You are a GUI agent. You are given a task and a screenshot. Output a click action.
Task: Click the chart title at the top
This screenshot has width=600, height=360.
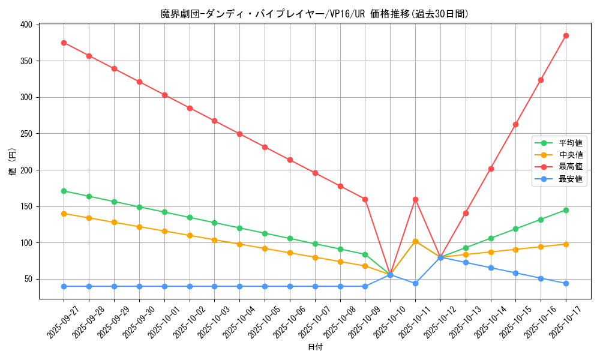(x=314, y=14)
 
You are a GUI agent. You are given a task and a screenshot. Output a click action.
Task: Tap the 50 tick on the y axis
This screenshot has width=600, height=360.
(x=28, y=279)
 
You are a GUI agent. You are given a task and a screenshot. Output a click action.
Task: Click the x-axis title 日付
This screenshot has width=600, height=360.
(x=315, y=347)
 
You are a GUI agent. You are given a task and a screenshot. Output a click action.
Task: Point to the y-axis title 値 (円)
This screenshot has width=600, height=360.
(x=12, y=162)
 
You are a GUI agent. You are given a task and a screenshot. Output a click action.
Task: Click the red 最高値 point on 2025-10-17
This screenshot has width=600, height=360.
(x=566, y=35)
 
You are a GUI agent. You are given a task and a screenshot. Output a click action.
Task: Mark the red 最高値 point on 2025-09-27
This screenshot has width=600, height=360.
(x=64, y=43)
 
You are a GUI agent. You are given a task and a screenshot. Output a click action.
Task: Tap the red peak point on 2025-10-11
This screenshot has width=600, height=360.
(x=415, y=199)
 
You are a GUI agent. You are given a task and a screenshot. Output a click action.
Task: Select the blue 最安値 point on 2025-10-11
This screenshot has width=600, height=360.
(x=415, y=283)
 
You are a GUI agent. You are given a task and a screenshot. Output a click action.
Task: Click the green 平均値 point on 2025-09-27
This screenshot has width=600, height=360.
(x=64, y=191)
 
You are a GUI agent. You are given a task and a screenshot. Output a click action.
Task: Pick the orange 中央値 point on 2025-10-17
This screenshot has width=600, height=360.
(x=566, y=244)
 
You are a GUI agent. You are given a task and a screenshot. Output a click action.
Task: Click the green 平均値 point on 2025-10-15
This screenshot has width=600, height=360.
(x=515, y=229)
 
